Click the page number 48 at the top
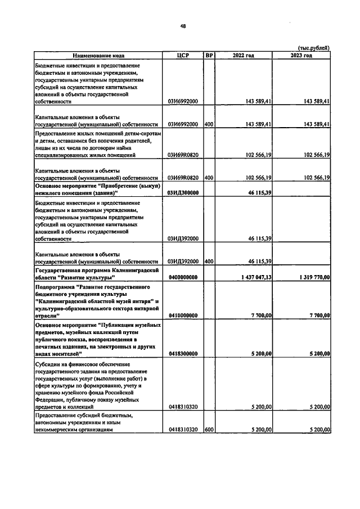pos(183,26)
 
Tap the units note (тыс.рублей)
pos(313,48)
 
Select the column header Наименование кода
pos(98,56)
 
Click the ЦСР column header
pos(182,56)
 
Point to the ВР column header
pos(209,56)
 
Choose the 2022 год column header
pos(244,56)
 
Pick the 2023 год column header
pos(301,56)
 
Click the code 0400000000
pos(182,277)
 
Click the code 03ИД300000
pos(182,192)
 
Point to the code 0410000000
pos(182,316)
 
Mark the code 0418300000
pos(182,354)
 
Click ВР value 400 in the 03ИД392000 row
pos(209,262)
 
